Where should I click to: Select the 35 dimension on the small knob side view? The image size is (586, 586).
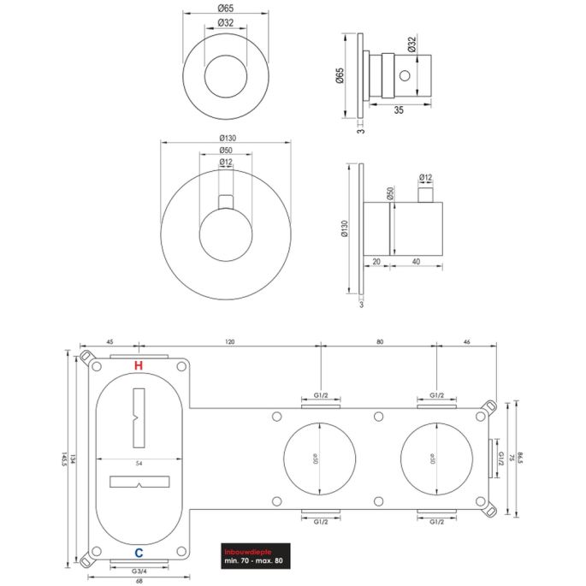(x=399, y=110)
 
